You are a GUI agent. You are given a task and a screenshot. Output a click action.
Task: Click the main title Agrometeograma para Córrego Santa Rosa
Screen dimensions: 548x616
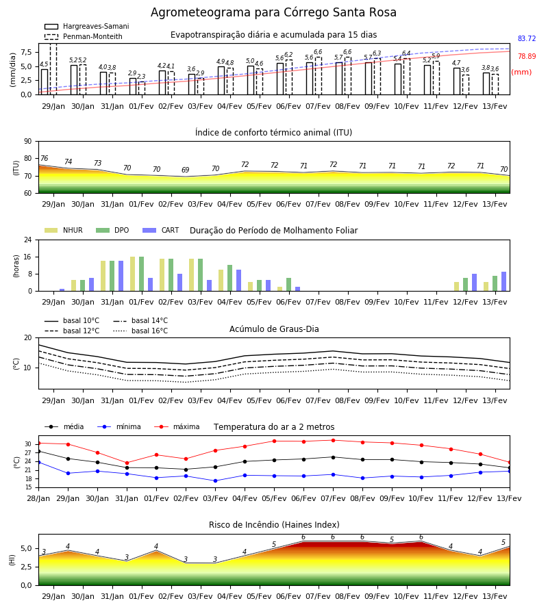tap(273, 12)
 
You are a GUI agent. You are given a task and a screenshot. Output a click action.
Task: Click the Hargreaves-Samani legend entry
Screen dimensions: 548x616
tap(86, 26)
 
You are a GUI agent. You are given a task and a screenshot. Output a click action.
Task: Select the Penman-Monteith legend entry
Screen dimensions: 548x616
tap(84, 36)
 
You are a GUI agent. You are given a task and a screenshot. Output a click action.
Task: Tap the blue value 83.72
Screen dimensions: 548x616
tap(527, 38)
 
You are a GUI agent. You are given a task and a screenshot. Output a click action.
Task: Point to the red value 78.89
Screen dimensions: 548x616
tap(527, 56)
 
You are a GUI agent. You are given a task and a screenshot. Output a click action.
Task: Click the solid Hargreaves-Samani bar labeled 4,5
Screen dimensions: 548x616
tap(45, 81)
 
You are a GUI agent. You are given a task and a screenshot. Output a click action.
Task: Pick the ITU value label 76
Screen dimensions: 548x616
tap(44, 158)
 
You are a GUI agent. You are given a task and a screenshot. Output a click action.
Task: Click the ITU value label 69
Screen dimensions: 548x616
tap(185, 170)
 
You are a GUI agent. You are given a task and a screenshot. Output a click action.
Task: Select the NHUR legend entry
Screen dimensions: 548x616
tap(64, 230)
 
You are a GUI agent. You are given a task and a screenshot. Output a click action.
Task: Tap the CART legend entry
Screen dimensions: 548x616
tap(161, 230)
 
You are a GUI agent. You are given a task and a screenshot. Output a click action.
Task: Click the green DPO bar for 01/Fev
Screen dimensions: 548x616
tap(142, 274)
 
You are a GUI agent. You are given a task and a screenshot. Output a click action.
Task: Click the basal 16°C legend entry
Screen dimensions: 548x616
tap(140, 331)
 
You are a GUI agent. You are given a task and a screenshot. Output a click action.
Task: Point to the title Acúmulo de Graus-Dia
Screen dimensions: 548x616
tap(274, 329)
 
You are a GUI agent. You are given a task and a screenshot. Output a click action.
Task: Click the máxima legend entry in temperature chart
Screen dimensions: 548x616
tap(177, 426)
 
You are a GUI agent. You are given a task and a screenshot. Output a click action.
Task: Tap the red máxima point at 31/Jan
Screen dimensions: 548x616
tap(127, 463)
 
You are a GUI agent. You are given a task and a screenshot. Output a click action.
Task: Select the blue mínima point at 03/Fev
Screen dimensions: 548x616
tap(215, 481)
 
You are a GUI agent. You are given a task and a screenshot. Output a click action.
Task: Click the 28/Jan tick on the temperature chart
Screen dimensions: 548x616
tap(38, 498)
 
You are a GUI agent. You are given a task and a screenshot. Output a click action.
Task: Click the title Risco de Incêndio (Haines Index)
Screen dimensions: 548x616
tap(274, 525)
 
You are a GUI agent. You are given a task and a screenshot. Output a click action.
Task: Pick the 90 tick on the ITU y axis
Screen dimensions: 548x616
tap(28, 142)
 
